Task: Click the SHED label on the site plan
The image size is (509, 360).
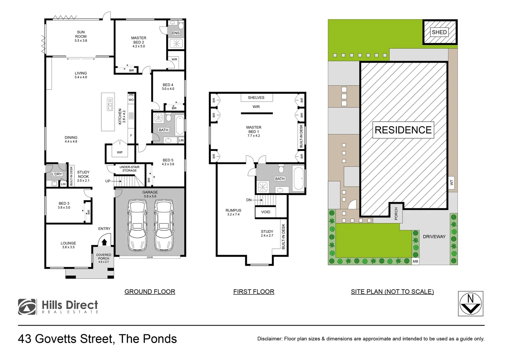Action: click(439, 32)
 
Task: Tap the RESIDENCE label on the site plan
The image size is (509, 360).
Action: click(403, 130)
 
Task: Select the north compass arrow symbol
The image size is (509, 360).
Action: click(471, 304)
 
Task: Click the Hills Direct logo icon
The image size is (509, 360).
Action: click(27, 307)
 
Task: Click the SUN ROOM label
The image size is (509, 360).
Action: click(81, 36)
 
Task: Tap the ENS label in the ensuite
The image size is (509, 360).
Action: click(176, 33)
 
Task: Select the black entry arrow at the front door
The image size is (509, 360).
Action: click(104, 242)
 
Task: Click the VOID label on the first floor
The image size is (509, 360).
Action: click(265, 212)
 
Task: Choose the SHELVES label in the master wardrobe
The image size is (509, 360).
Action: click(256, 98)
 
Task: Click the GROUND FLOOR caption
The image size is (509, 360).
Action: click(150, 292)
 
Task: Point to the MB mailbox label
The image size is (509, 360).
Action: click(415, 262)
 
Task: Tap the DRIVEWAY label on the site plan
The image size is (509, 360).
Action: click(434, 237)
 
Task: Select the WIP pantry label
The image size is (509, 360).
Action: click(120, 152)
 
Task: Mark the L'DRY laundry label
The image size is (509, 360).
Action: click(57, 174)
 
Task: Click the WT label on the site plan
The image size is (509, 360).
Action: click(452, 183)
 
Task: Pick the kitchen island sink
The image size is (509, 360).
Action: click(110, 104)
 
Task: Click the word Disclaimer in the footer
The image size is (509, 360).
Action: click(269, 339)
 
